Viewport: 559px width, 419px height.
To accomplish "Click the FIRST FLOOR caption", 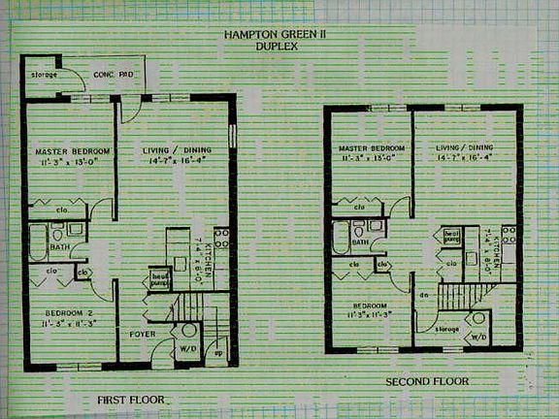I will [x=131, y=400].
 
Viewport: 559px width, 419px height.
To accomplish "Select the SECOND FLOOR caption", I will [x=427, y=381].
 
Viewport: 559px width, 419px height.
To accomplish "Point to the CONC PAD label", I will [x=113, y=75].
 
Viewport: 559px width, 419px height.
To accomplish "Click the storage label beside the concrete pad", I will [x=44, y=75].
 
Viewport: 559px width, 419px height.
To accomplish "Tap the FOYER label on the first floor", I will [x=143, y=335].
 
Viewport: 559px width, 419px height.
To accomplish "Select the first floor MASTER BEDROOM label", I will [x=73, y=152].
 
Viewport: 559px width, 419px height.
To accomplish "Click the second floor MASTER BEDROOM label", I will [x=371, y=147].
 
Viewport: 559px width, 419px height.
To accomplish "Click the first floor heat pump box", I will [x=160, y=279].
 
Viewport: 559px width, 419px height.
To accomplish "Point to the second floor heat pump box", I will [x=452, y=236].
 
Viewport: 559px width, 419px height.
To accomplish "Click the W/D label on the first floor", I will [x=189, y=350].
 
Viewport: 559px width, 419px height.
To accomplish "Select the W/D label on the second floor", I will [x=478, y=338].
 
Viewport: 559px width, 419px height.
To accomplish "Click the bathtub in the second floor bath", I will [x=341, y=239].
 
